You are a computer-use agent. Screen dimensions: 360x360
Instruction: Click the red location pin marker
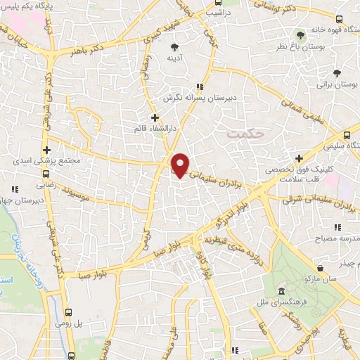181,164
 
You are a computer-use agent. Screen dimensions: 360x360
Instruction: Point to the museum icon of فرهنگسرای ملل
281,292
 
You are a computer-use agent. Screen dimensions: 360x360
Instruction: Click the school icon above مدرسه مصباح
337,227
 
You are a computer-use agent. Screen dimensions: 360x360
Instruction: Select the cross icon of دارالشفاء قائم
155,117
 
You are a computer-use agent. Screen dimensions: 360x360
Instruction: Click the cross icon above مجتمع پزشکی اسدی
46,150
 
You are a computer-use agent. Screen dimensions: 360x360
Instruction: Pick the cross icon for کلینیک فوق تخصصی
300,159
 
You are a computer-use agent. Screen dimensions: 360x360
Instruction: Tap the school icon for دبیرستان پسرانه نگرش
200,87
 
